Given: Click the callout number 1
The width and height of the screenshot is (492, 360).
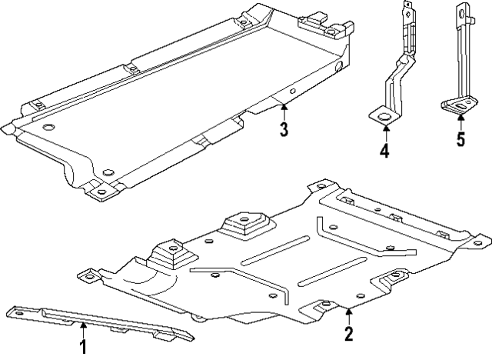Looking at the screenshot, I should point(83,347).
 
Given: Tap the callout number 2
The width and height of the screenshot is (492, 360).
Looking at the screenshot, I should point(348,333).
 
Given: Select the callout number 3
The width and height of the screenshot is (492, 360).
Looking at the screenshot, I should point(284,129).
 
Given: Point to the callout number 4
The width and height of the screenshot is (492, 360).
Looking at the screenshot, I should point(384,151).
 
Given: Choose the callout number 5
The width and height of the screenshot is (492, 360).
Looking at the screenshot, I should point(460,139).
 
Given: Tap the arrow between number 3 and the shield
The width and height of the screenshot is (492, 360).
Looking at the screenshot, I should point(284,110).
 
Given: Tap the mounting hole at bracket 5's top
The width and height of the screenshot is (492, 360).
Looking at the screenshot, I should point(462,12).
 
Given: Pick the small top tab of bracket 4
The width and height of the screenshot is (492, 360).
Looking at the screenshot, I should point(406,6).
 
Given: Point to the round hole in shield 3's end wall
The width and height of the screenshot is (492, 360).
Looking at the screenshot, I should point(338,68).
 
